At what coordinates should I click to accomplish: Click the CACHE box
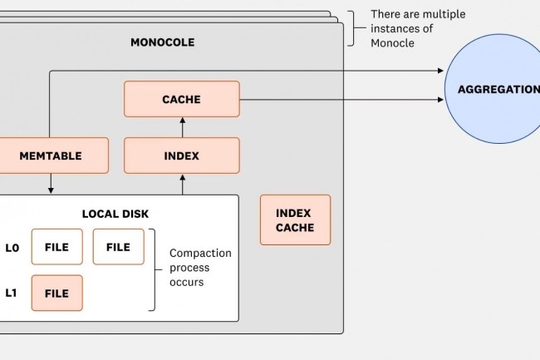coord(181,99)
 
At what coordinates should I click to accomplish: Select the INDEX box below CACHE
coord(181,155)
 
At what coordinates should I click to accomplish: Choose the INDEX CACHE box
coord(295,219)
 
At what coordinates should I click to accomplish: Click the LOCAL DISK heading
coord(115,214)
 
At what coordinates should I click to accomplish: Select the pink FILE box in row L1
coord(56,293)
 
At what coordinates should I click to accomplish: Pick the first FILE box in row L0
coord(56,247)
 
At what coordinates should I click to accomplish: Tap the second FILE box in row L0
coord(118,247)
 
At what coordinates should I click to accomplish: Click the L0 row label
coord(12,247)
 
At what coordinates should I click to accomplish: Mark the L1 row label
coord(12,293)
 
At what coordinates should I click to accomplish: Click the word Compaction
coord(200,253)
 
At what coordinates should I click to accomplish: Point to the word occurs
coord(187,283)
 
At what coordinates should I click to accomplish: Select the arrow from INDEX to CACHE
coord(181,127)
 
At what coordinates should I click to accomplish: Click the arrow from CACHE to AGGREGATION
coord(341,100)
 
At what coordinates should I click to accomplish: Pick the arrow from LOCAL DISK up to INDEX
coord(181,185)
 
